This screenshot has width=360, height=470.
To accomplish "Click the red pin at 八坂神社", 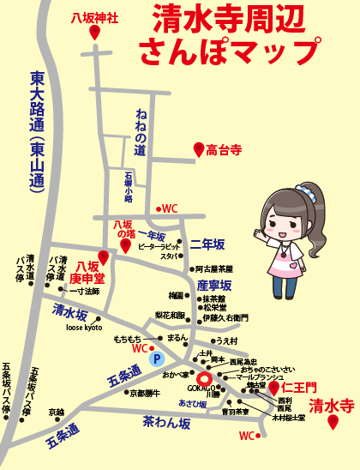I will (x=94, y=32).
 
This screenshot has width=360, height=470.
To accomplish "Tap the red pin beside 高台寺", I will (x=198, y=151).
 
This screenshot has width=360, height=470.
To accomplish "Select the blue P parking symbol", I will (x=156, y=359).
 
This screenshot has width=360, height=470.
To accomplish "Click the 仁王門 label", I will (x=300, y=389).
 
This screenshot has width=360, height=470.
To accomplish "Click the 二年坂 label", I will (x=207, y=244).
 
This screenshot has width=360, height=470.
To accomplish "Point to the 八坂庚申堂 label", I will (x=86, y=272).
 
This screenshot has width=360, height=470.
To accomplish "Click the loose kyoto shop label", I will (x=84, y=328).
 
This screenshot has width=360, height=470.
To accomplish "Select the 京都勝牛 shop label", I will (x=145, y=393).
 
